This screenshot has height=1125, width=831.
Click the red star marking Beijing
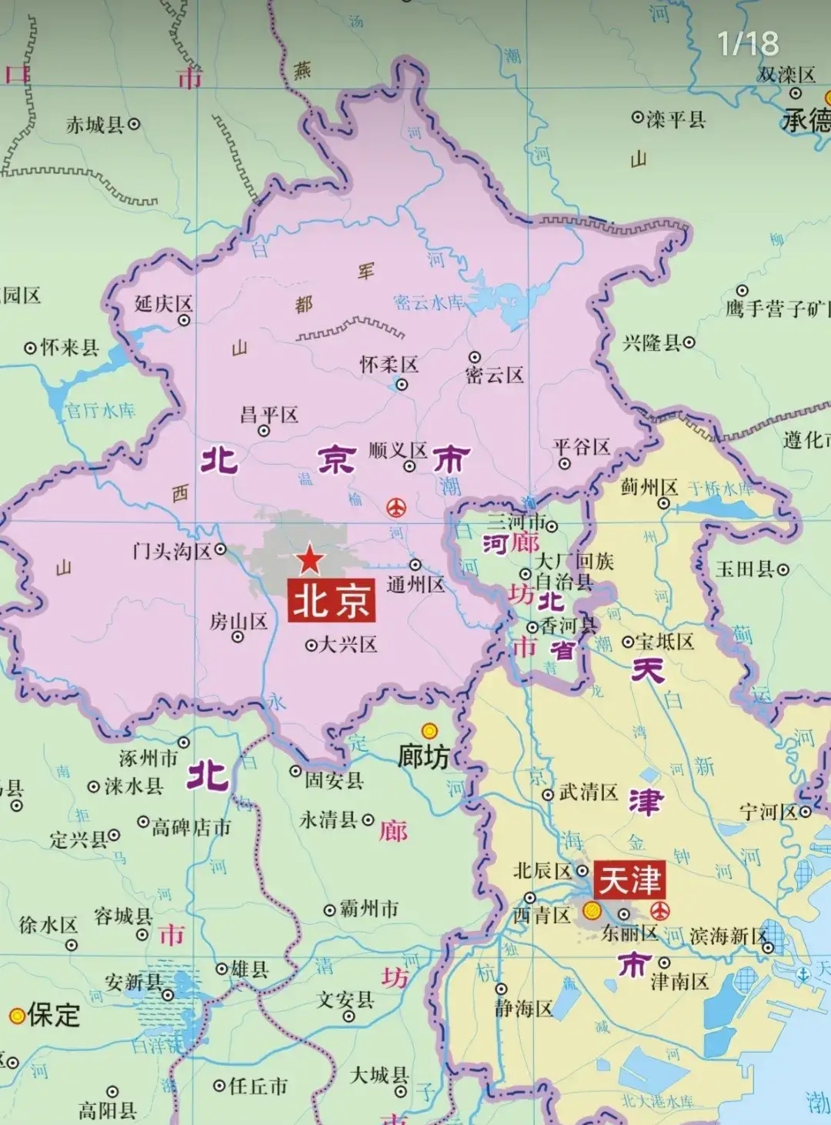(309, 559)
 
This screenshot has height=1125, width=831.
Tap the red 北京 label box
(332, 599)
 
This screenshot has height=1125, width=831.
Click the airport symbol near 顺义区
(396, 508)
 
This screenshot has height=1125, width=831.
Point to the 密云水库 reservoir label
(429, 302)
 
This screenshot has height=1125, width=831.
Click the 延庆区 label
(163, 304)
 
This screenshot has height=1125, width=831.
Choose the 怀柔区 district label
(389, 365)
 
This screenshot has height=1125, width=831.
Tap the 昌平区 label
(269, 416)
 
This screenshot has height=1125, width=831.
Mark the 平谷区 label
(582, 447)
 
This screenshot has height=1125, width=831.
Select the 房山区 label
(239, 622)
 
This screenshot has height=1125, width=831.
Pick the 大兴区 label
(348, 645)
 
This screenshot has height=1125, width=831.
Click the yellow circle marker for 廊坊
(429, 730)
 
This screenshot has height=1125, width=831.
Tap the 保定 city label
(53, 1015)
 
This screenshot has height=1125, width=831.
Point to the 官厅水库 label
(100, 410)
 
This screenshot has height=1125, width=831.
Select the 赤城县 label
(95, 124)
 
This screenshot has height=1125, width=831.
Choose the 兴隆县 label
(652, 342)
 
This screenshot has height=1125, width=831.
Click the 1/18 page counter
(747, 43)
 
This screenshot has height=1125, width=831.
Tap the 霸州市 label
(369, 909)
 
